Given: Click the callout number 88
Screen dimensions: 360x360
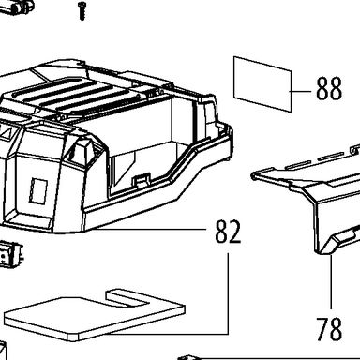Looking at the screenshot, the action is (329, 89).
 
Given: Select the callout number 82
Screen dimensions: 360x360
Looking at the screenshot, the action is (228, 232).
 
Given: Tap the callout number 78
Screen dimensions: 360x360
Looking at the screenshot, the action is (329, 329).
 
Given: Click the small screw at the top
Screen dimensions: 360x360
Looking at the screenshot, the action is (82, 10).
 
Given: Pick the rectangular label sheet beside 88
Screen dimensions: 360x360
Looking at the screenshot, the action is (262, 83).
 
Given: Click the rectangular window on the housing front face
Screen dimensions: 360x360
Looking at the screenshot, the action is (38, 191).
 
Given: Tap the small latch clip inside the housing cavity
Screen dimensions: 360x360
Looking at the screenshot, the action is (142, 181).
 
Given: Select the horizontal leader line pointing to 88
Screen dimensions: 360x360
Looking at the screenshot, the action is (301, 91).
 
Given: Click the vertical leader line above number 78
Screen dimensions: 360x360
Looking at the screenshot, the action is (331, 282).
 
